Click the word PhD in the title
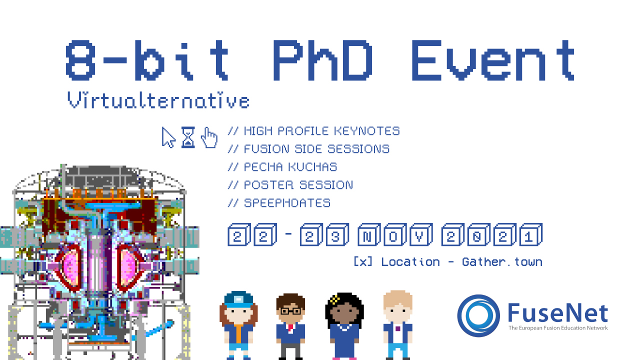(323, 60)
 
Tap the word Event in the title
(493, 60)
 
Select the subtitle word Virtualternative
(158, 100)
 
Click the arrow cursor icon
(168, 137)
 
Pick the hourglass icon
(188, 137)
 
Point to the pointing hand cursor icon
(209, 137)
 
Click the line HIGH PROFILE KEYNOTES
(313, 131)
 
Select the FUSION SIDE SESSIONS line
(308, 149)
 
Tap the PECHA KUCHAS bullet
(282, 167)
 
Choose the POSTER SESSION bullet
(290, 185)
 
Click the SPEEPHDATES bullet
(279, 203)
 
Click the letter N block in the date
(369, 234)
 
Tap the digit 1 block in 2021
(531, 234)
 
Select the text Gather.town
(502, 261)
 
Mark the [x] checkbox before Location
(363, 261)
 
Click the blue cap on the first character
(238, 299)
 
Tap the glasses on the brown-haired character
(290, 310)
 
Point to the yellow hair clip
(335, 299)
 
